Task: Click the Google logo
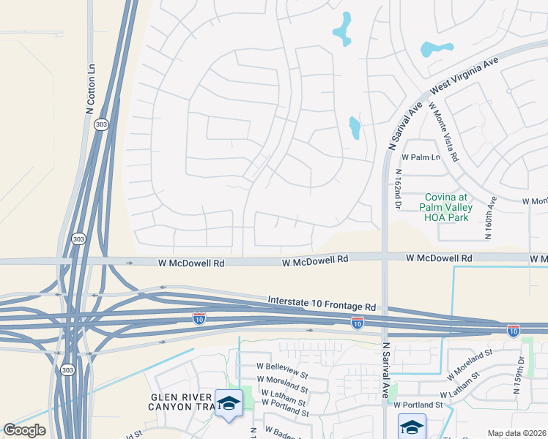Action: pos(24,430)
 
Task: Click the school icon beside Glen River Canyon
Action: pos(229,403)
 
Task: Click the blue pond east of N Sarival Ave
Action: pos(437,49)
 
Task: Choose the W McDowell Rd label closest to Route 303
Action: pos(188,262)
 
